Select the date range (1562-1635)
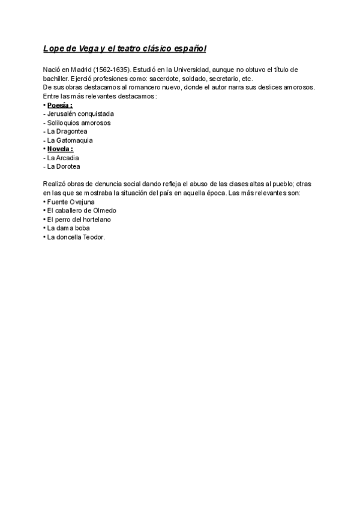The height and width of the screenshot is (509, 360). (x=112, y=70)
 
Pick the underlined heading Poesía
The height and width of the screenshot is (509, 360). (x=60, y=105)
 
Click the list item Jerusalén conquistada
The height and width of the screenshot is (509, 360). (x=80, y=114)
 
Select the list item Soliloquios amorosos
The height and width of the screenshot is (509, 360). (x=79, y=122)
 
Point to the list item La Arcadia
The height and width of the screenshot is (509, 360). (x=63, y=158)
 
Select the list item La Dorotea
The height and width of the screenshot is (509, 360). (x=64, y=166)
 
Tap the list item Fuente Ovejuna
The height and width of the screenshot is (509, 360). (x=71, y=202)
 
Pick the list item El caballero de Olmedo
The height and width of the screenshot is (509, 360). (x=82, y=211)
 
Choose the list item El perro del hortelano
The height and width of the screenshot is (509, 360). (x=79, y=220)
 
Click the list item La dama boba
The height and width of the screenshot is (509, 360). (x=68, y=228)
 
